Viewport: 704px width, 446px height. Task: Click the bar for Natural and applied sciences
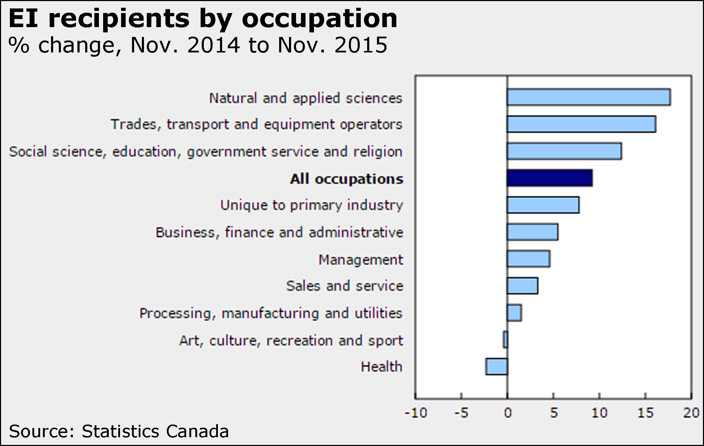click(x=589, y=97)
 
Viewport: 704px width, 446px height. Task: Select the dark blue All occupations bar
click(x=549, y=178)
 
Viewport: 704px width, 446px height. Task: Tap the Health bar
click(x=497, y=366)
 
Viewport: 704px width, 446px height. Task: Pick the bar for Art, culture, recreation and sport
click(x=505, y=340)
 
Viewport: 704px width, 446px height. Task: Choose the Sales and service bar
click(x=522, y=285)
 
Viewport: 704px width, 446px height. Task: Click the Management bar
click(x=528, y=259)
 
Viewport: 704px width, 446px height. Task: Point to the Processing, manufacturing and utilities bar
click(x=514, y=313)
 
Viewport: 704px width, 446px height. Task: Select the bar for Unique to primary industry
click(x=543, y=205)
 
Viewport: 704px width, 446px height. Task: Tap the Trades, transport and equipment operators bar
click(x=581, y=124)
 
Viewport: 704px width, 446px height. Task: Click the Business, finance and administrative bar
click(x=533, y=232)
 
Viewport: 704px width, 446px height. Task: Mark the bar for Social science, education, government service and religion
click(x=564, y=151)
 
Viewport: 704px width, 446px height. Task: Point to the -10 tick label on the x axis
click(x=416, y=413)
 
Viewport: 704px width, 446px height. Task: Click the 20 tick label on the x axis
click(x=691, y=413)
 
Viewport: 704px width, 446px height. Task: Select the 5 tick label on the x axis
click(x=554, y=413)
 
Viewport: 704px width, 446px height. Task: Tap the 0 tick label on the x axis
click(x=508, y=413)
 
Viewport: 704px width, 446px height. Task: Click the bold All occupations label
click(x=346, y=179)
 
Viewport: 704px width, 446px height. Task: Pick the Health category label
click(x=381, y=367)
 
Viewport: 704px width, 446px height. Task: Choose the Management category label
click(x=360, y=260)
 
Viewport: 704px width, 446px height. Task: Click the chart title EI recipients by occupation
click(x=203, y=18)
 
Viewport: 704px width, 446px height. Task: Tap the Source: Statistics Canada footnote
click(x=119, y=431)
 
